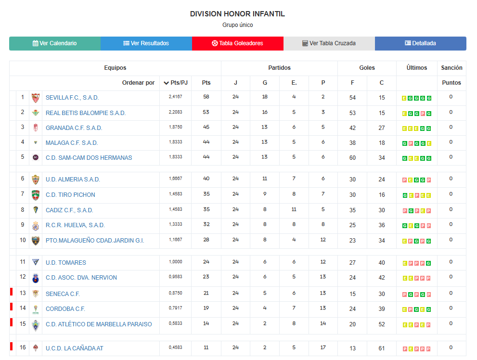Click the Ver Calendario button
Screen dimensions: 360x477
pyautogui.click(x=54, y=43)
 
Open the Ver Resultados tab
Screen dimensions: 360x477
pyautogui.click(x=146, y=43)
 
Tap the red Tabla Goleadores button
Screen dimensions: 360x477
pyautogui.click(x=237, y=43)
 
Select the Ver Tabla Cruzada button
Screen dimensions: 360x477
pyautogui.click(x=329, y=43)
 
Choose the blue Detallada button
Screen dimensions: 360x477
pyautogui.click(x=420, y=43)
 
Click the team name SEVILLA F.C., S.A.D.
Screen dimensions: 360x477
pyautogui.click(x=72, y=98)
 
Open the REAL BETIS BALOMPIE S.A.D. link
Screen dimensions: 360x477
pyautogui.click(x=86, y=113)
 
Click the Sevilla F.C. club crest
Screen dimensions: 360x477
pyautogui.click(x=35, y=98)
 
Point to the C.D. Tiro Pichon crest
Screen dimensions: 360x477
pyautogui.click(x=35, y=195)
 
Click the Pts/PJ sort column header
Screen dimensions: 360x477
pyautogui.click(x=176, y=83)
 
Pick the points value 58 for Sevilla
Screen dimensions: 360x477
pyautogui.click(x=206, y=97)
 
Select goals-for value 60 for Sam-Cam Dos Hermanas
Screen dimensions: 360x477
pyautogui.click(x=352, y=157)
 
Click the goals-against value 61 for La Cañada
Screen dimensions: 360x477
pyautogui.click(x=382, y=348)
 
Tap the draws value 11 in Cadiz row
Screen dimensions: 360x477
pyautogui.click(x=294, y=210)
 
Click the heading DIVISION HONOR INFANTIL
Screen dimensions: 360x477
pyautogui.click(x=237, y=14)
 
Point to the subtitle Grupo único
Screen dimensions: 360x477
pyautogui.click(x=237, y=25)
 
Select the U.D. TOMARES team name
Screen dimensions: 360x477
pyautogui.click(x=66, y=263)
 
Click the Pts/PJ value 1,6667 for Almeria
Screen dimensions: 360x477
pyautogui.click(x=175, y=179)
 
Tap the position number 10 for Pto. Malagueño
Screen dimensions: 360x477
pyautogui.click(x=23, y=240)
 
